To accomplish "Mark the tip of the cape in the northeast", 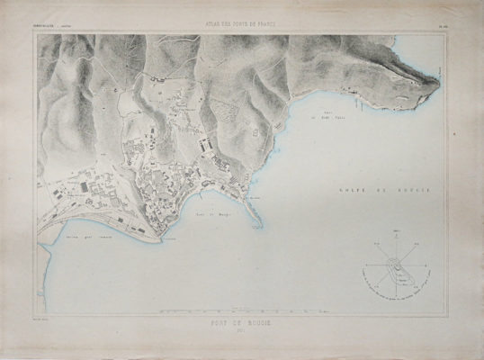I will click(437, 83).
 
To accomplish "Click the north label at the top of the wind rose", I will click(396, 231).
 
